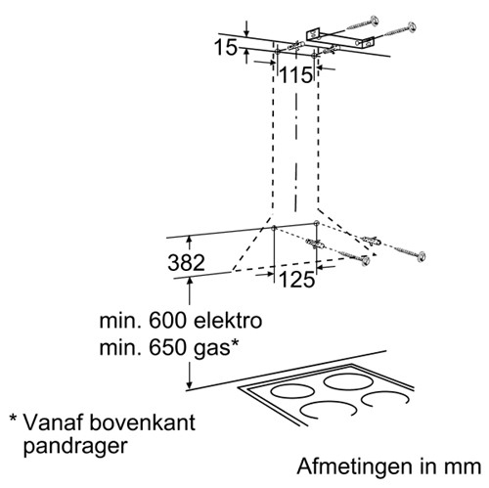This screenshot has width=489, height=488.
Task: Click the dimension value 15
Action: (225, 48)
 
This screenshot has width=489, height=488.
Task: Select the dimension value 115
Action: (296, 75)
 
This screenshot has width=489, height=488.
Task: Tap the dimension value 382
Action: (186, 263)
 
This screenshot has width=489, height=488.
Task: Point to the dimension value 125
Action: (297, 280)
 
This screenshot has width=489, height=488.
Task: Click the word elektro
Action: (228, 321)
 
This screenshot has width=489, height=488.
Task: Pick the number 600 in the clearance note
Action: (168, 321)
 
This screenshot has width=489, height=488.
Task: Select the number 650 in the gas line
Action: (168, 348)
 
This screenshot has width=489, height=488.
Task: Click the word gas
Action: (212, 350)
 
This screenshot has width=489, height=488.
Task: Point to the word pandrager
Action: (75, 447)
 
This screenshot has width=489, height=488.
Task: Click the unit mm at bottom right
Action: (463, 468)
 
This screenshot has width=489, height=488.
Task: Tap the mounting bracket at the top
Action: (340, 38)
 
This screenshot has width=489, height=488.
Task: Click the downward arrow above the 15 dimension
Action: (246, 28)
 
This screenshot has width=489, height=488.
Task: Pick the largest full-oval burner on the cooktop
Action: (347, 381)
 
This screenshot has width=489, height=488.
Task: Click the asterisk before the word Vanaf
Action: (14, 418)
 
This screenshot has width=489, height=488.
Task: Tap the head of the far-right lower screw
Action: (422, 256)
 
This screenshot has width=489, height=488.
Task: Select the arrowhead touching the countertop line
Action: (189, 383)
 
